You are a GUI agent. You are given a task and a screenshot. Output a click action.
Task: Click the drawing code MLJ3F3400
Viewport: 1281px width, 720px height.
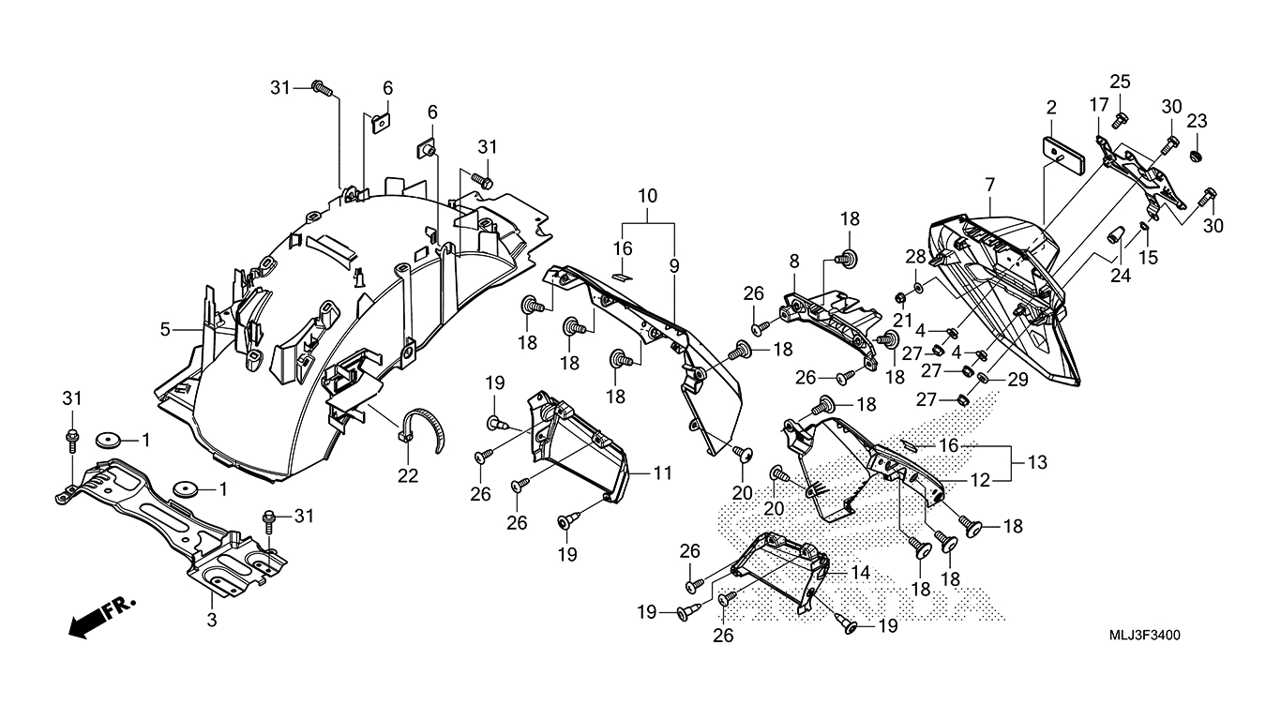1144,636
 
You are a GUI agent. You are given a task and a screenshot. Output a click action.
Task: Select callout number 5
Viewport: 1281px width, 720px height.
165,329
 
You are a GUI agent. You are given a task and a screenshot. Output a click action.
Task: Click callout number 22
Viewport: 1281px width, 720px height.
408,475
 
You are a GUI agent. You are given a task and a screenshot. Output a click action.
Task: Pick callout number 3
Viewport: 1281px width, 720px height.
212,620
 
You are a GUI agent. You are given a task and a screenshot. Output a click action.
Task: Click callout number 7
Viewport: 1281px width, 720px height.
990,186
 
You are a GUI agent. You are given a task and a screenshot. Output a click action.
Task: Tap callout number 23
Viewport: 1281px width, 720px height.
1197,121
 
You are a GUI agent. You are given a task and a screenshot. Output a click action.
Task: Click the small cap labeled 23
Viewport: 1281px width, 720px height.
1195,156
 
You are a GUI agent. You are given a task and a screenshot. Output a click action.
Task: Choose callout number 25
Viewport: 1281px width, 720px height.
1121,82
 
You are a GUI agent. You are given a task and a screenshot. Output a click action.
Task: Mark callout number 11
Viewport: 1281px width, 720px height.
662,472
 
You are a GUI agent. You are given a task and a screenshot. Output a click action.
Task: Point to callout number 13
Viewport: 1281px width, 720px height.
1037,462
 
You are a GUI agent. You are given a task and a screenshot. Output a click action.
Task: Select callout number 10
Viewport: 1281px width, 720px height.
647,196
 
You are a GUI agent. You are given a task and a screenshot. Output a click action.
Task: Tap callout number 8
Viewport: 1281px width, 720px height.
794,262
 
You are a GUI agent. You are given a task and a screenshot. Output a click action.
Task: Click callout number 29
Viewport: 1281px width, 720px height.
1017,380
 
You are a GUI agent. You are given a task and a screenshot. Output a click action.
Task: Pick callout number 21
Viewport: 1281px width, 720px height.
902,321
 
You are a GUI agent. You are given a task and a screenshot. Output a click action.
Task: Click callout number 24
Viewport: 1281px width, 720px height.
1121,276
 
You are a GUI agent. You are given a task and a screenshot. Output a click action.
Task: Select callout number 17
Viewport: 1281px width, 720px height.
1099,105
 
